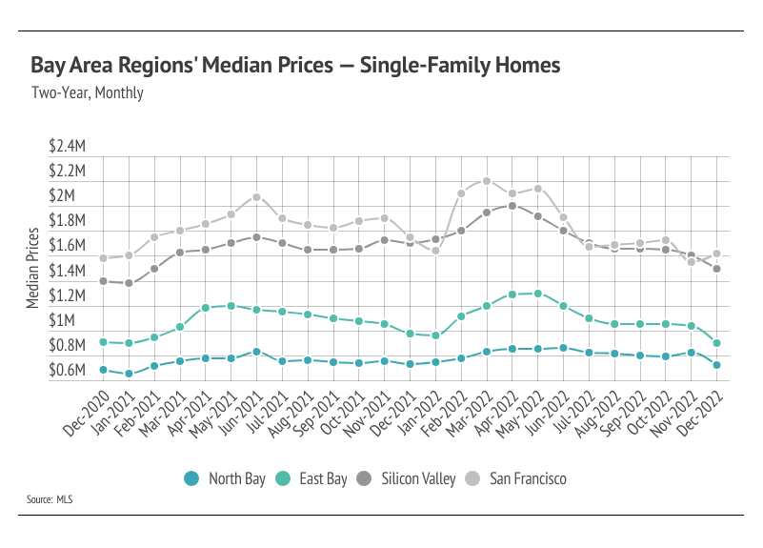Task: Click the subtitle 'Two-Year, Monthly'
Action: click(87, 93)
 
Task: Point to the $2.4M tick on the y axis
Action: click(68, 147)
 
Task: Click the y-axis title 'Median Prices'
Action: click(34, 268)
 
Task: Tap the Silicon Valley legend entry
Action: click(413, 478)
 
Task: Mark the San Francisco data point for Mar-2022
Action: click(486, 181)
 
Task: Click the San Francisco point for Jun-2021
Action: click(256, 197)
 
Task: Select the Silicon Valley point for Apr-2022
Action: click(512, 206)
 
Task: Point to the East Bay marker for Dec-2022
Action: click(717, 343)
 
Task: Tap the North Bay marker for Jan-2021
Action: click(129, 374)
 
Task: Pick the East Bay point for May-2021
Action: click(231, 306)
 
